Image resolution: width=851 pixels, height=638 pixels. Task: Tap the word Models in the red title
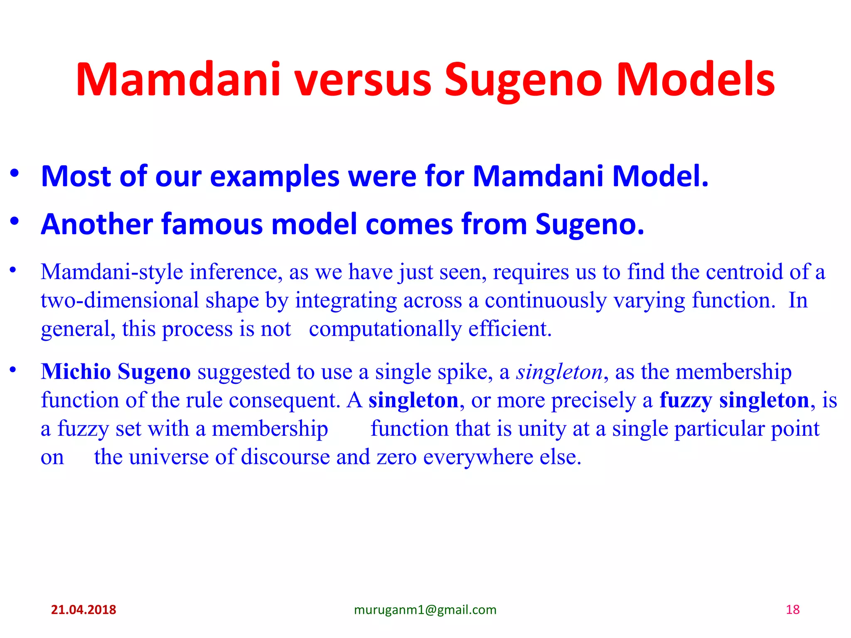click(x=696, y=80)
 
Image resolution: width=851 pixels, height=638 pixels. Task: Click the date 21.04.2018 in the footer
click(x=84, y=610)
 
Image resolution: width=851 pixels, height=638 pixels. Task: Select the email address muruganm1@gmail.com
click(x=425, y=610)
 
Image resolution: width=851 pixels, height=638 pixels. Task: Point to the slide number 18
click(x=793, y=610)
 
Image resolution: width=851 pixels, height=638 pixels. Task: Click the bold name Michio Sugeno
click(x=116, y=371)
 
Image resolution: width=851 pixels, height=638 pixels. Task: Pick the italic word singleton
click(x=559, y=371)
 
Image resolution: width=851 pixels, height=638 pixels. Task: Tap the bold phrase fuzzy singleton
click(x=734, y=400)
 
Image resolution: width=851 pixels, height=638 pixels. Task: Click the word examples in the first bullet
click(x=275, y=176)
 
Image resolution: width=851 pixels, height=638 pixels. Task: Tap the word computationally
click(x=385, y=329)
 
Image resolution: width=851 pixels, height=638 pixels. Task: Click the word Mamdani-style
click(x=112, y=272)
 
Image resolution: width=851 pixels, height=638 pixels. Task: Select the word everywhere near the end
click(x=478, y=457)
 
